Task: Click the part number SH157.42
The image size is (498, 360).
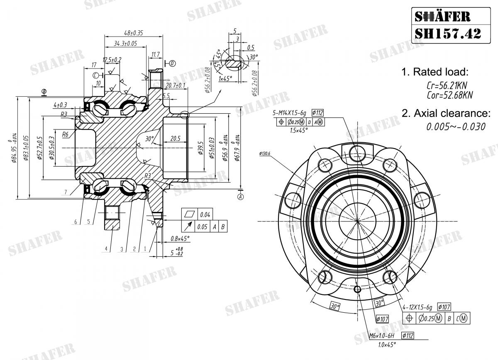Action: point(448,33)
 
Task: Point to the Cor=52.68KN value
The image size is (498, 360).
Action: point(450,95)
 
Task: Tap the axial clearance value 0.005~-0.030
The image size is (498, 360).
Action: point(456,126)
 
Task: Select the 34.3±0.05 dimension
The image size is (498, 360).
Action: point(125,43)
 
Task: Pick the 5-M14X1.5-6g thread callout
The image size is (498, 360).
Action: point(289,112)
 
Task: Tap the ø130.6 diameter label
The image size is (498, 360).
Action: point(264,153)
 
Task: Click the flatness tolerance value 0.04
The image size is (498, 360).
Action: point(204,214)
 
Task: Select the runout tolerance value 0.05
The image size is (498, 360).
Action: point(203,226)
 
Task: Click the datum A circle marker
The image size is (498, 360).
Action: point(241,197)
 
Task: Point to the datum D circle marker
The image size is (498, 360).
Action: point(172,63)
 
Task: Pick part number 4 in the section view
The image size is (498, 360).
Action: point(106,249)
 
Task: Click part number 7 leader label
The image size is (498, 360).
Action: point(66,192)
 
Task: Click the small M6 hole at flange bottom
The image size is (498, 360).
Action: point(358,289)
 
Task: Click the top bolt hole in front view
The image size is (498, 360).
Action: point(357,154)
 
